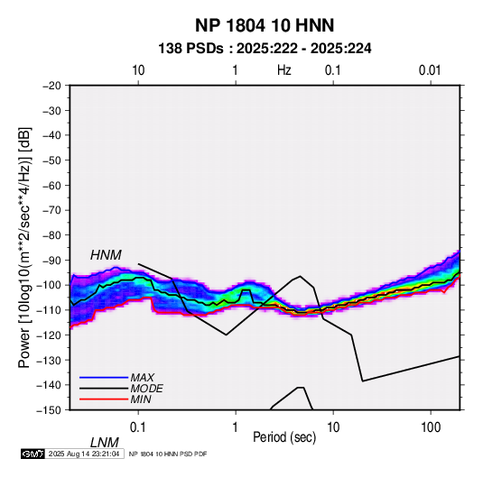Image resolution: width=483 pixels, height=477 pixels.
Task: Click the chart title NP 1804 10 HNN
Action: tap(265, 25)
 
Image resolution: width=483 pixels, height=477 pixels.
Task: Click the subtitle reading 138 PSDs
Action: tap(190, 49)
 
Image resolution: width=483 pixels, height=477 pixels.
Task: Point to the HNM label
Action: tap(106, 255)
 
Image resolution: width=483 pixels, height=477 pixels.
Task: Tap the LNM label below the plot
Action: tap(104, 443)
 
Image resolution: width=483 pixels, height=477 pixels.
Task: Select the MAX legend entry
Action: tap(142, 377)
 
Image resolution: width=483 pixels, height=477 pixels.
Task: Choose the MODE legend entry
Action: tap(146, 389)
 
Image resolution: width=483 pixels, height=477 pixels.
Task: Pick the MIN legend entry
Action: tap(141, 399)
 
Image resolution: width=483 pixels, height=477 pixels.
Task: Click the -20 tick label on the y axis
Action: tap(52, 86)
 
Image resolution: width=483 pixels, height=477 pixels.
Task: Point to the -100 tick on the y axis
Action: tap(49, 285)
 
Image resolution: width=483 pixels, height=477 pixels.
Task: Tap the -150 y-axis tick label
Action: tap(49, 410)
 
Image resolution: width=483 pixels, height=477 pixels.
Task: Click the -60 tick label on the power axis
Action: tap(52, 185)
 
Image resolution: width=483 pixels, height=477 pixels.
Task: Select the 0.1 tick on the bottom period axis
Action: tap(138, 427)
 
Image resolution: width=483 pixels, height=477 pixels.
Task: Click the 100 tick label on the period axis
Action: tap(431, 427)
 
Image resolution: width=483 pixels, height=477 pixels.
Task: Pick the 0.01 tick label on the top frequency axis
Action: tap(430, 70)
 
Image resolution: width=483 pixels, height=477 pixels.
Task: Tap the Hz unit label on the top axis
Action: tap(284, 70)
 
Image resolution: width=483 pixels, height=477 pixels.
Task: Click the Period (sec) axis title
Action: tap(284, 437)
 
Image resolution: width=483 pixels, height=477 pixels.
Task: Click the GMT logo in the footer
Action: tap(33, 454)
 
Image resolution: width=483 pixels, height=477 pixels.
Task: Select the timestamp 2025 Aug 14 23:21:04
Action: tap(84, 454)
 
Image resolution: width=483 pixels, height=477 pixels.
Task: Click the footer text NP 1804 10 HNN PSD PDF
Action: tap(168, 454)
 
